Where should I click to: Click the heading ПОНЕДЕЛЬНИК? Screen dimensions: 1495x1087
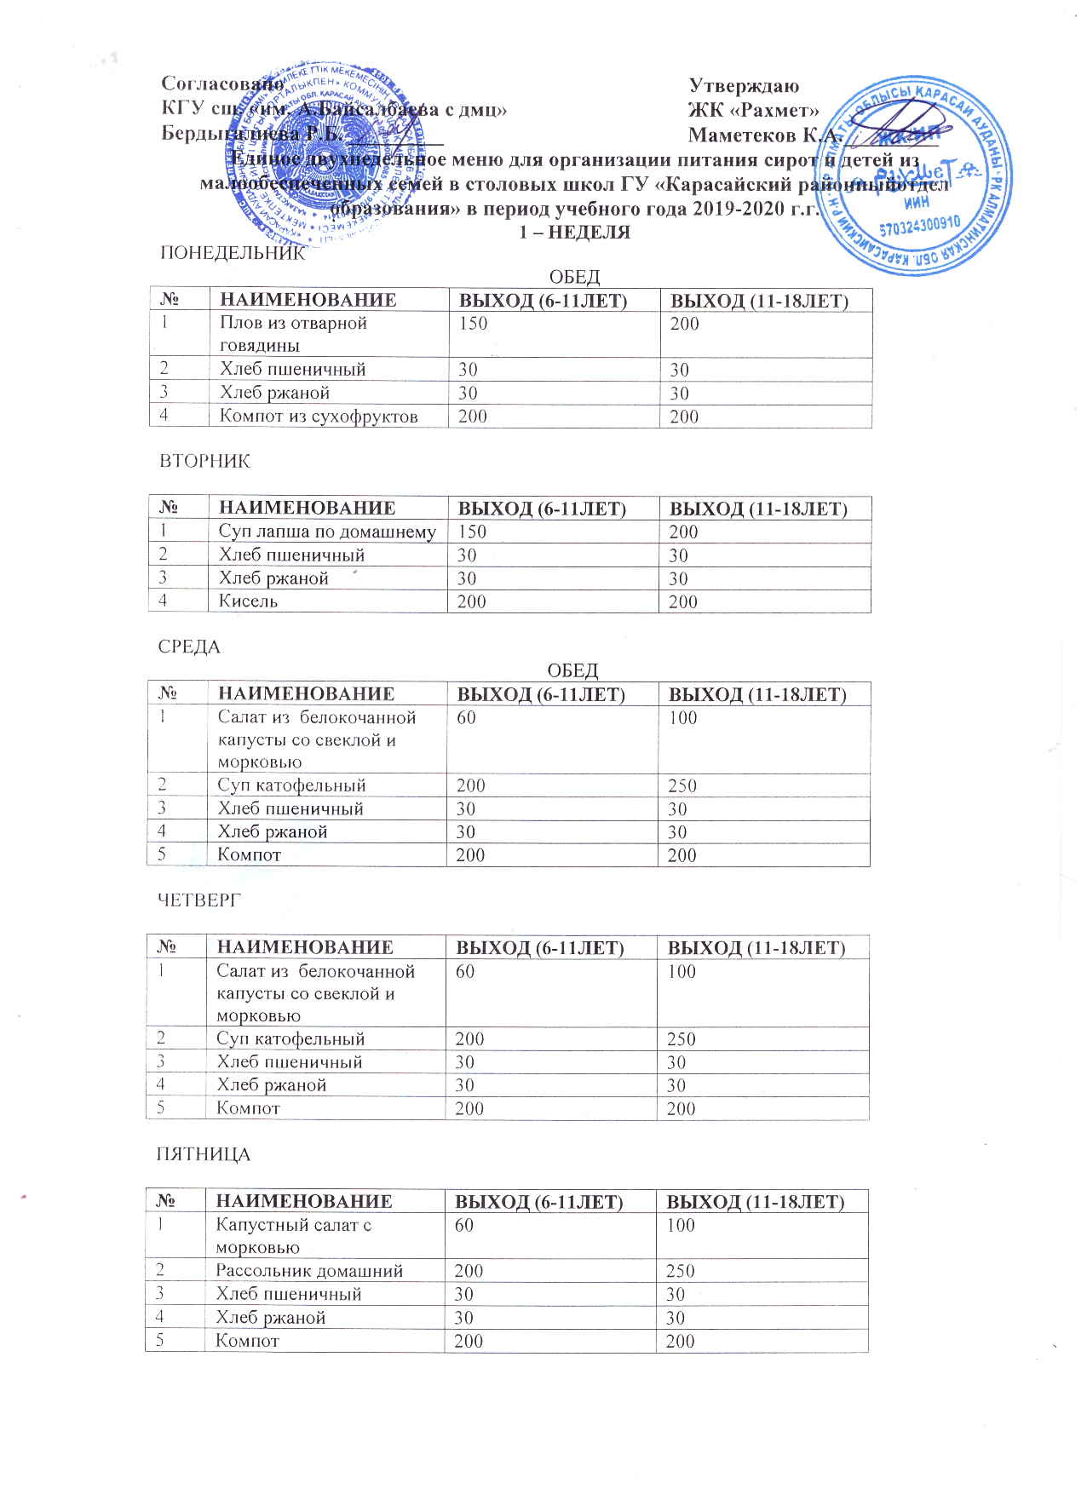(233, 253)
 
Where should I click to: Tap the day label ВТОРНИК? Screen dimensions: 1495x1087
(204, 461)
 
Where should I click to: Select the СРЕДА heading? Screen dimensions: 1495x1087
(189, 647)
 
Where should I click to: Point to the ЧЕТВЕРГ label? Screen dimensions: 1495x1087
(199, 900)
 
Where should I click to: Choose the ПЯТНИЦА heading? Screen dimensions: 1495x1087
(203, 1154)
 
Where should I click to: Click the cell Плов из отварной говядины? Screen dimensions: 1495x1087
(293, 334)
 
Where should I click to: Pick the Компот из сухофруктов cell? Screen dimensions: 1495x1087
(319, 417)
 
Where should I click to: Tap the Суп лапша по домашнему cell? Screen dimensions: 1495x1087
(327, 532)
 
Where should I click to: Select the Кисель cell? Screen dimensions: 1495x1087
(248, 601)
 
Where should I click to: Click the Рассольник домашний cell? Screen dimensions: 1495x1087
(309, 1271)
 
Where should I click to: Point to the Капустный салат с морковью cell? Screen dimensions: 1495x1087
(293, 1236)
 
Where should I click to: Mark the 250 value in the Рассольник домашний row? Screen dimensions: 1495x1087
(681, 1271)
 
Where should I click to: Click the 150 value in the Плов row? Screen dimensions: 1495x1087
(474, 324)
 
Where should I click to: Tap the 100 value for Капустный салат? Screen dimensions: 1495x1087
(681, 1225)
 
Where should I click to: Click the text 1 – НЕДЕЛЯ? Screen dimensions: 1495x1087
(575, 232)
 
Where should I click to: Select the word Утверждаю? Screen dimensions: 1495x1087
(744, 85)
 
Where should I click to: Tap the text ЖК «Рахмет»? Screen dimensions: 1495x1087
(754, 110)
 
